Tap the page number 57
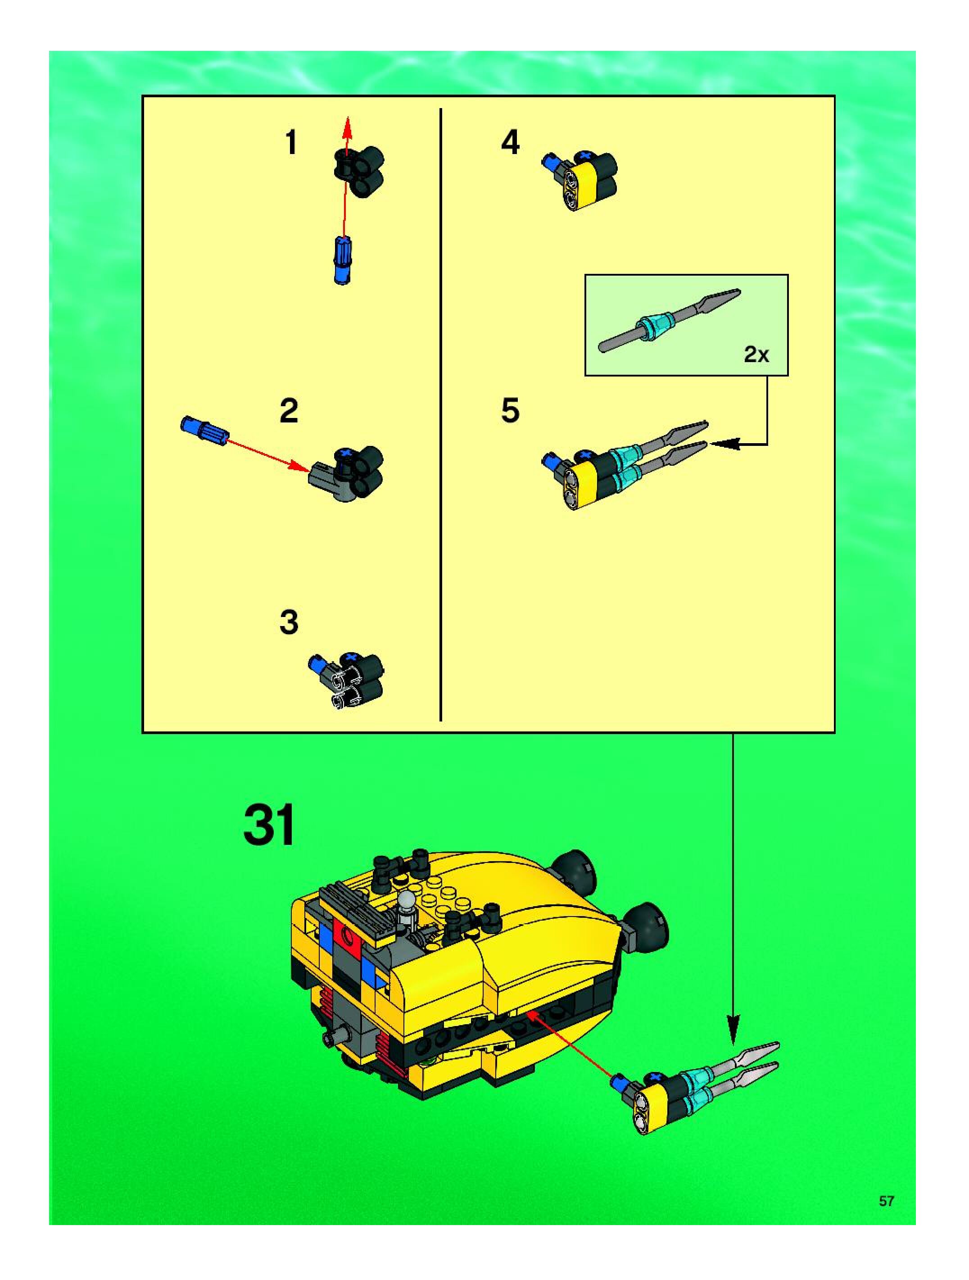[x=886, y=1201]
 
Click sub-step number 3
[x=289, y=622]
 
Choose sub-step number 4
[x=510, y=142]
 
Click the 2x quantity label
[x=756, y=354]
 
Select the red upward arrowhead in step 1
[x=347, y=127]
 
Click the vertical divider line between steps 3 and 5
[x=441, y=414]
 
